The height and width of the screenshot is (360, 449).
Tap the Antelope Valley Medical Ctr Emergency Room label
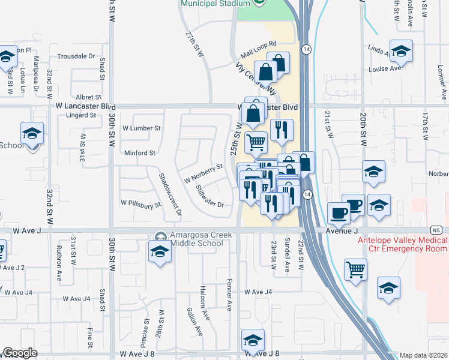pyautogui.click(x=402, y=244)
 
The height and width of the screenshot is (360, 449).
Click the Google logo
pyautogui.click(x=20, y=353)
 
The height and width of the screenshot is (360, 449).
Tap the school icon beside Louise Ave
pyautogui.click(x=400, y=52)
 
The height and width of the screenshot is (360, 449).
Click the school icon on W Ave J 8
pyautogui.click(x=253, y=340)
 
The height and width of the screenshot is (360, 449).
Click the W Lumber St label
pyautogui.click(x=141, y=128)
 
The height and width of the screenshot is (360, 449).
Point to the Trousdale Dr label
pyautogui.click(x=76, y=56)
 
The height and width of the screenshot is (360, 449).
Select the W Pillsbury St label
pyautogui.click(x=141, y=204)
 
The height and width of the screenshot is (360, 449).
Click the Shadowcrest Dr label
pyautogui.click(x=170, y=193)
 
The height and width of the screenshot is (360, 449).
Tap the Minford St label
pyautogui.click(x=140, y=153)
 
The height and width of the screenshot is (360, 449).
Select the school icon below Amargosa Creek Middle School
pyautogui.click(x=160, y=254)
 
